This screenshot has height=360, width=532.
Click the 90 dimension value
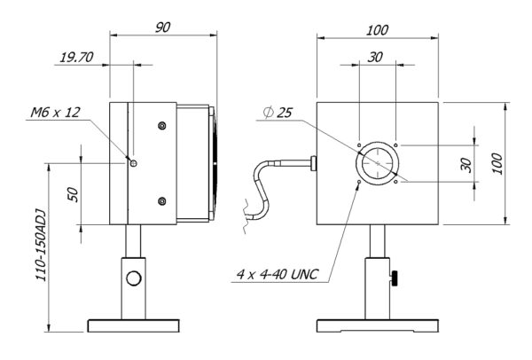[x=163, y=27]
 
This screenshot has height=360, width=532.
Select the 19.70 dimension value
[x=76, y=58]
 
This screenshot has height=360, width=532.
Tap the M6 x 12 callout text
[x=55, y=113]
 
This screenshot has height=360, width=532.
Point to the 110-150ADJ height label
[x=41, y=246]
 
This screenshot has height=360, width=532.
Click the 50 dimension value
[x=74, y=195]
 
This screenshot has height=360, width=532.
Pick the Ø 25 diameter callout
[x=278, y=113]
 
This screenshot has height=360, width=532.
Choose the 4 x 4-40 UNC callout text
[x=278, y=274]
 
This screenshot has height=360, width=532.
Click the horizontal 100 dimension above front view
[x=377, y=30]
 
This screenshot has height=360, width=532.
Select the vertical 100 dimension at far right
[x=497, y=164]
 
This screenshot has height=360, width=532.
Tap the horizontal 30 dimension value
[x=375, y=57]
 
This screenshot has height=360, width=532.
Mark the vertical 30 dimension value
[x=466, y=165]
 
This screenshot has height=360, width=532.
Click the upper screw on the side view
[x=162, y=126]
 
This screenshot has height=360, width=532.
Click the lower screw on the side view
[x=162, y=201]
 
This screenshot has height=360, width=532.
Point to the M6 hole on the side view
[x=134, y=163]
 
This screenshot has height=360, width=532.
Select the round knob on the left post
[x=134, y=278]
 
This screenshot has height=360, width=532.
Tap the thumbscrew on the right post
[x=395, y=278]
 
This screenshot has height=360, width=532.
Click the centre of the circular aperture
[x=378, y=163]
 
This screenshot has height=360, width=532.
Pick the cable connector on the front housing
[x=314, y=163]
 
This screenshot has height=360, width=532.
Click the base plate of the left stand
[x=134, y=325]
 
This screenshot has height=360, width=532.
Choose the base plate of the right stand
[x=378, y=325]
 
